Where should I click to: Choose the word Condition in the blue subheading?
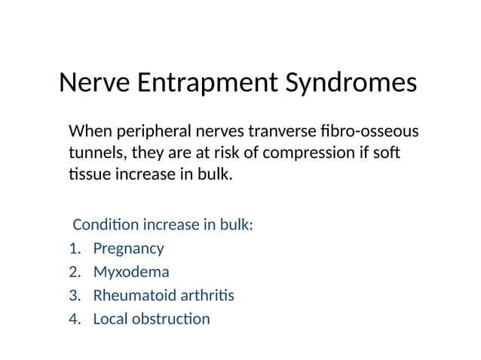(x=105, y=224)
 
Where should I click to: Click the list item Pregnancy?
(x=128, y=248)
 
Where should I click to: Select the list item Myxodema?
(x=130, y=271)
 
